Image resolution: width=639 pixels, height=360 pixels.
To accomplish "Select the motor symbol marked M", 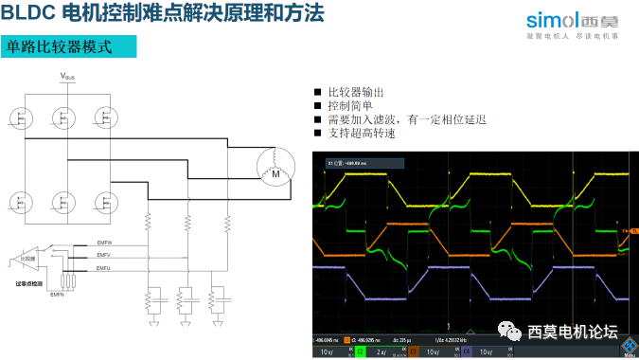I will click(277, 169).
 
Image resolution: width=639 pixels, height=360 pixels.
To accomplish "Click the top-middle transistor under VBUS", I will click(63, 118).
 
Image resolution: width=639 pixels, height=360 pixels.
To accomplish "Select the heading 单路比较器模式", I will click(59, 46).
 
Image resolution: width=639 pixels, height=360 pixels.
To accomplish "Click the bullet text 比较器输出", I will click(356, 92).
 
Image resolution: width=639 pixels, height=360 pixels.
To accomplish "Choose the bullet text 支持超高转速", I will click(361, 133).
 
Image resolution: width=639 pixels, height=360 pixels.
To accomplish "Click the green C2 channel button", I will click(360, 351).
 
